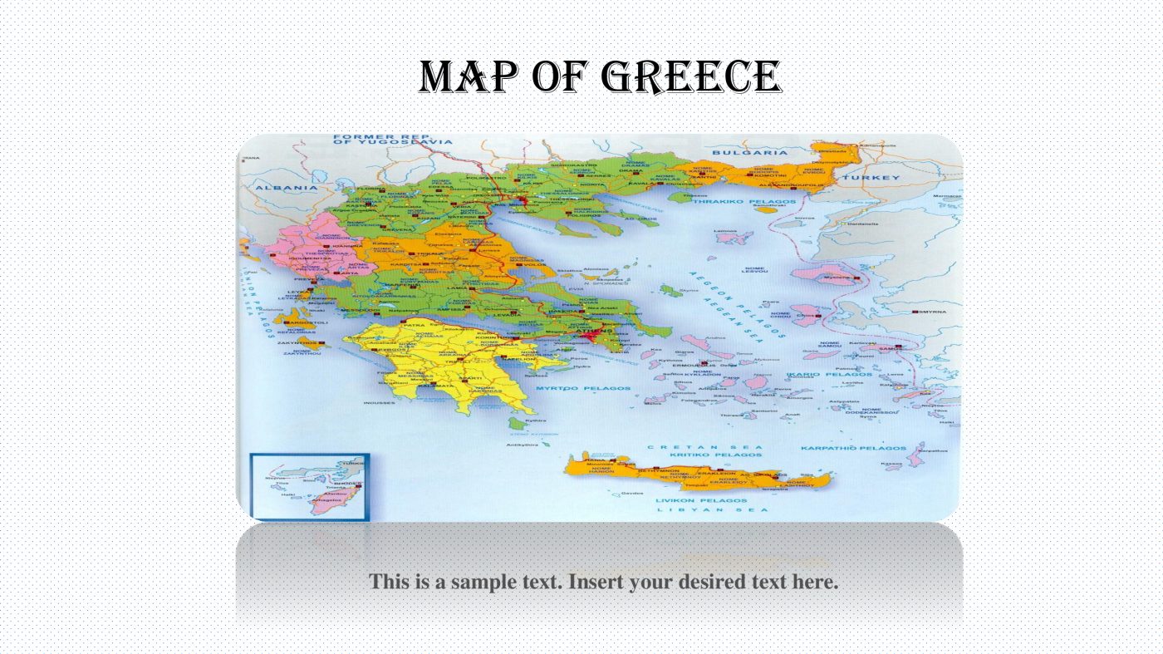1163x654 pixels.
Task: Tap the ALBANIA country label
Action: point(274,188)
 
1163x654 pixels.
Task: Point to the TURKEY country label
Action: point(871,178)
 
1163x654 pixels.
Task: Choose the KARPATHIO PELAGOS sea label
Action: point(852,448)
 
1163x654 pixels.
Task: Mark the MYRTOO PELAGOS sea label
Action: point(582,388)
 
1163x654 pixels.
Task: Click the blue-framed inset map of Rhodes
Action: point(309,487)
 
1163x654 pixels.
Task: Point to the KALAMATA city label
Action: point(435,386)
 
